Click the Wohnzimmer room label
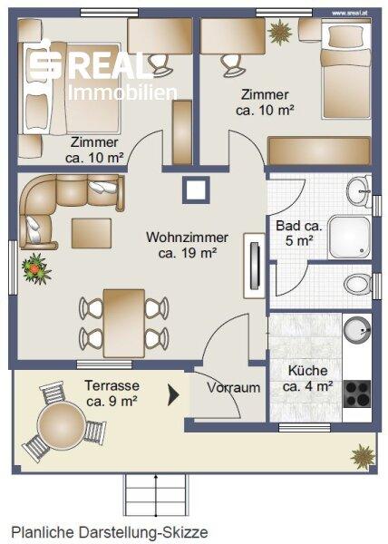[187, 238]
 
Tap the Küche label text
[307, 371]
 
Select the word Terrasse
[112, 385]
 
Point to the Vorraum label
[233, 387]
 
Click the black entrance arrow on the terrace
[173, 394]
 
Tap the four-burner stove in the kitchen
[357, 393]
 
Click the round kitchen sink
[357, 329]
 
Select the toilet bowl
[357, 284]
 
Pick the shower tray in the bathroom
[350, 238]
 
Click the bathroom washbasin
[358, 190]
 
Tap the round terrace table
[61, 425]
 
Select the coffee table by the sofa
[92, 233]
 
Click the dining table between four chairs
[124, 324]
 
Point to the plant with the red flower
[35, 269]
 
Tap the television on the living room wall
[255, 266]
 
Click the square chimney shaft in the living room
[196, 189]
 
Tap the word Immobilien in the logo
[122, 92]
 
